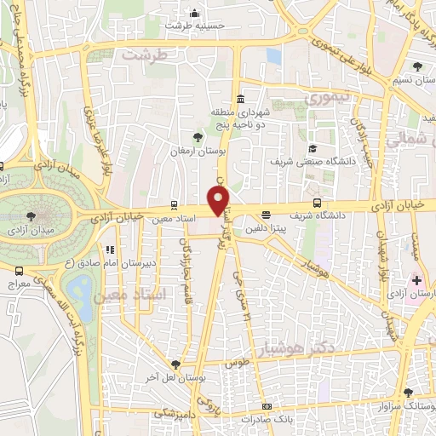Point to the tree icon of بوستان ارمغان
[x=198, y=136]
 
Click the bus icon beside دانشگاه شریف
[x=317, y=204]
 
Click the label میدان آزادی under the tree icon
[x=31, y=230]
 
